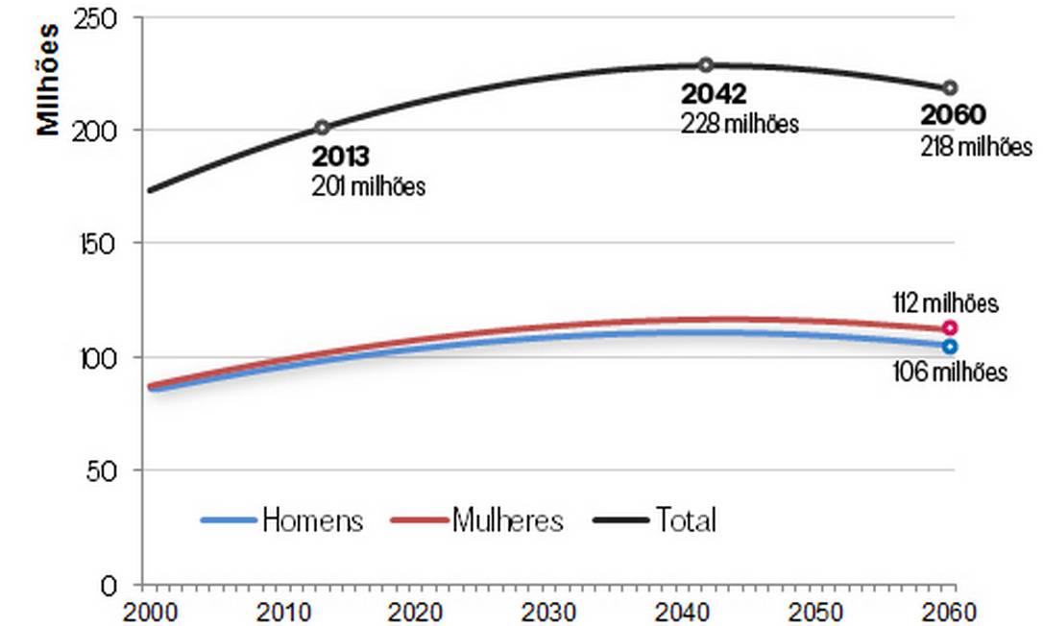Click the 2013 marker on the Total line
pyautogui.click(x=322, y=127)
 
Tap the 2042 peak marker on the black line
pyautogui.click(x=706, y=65)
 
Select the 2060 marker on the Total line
pyautogui.click(x=950, y=87)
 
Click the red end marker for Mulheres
pyautogui.click(x=950, y=327)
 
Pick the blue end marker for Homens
pyautogui.click(x=950, y=346)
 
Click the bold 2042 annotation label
pyautogui.click(x=714, y=94)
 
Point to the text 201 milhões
pyautogui.click(x=368, y=186)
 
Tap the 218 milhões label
pyautogui.click(x=976, y=147)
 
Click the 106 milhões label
pyautogui.click(x=950, y=372)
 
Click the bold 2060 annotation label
pyautogui.click(x=953, y=115)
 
